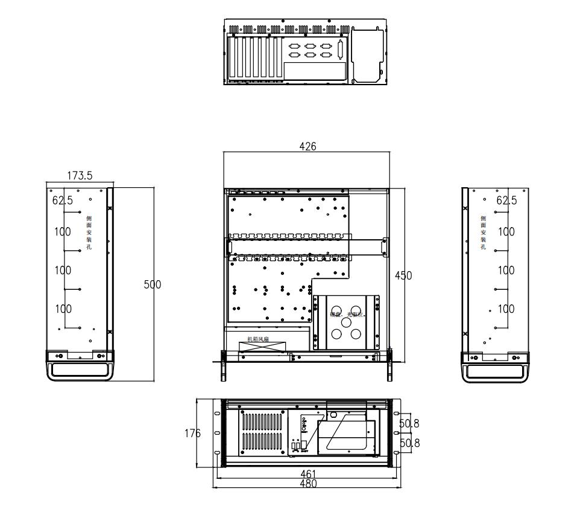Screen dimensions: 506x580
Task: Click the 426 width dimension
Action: point(307,146)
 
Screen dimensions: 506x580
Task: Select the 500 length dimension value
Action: point(152,284)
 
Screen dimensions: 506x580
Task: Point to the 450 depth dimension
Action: point(403,275)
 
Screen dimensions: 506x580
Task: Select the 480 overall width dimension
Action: point(307,484)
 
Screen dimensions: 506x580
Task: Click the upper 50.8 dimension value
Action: point(410,424)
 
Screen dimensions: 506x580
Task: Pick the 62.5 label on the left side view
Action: point(62,200)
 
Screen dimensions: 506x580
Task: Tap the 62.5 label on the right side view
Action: point(506,200)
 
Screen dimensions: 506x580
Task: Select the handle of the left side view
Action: point(79,371)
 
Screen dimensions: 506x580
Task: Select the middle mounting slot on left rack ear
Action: point(216,434)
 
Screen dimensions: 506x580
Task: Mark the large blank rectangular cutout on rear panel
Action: point(315,71)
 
